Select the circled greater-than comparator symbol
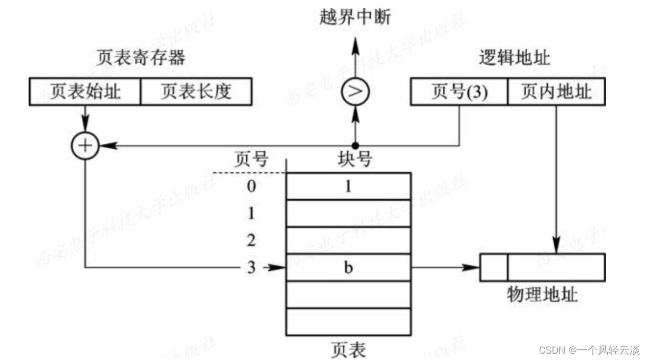(x=355, y=92)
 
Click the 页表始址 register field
(x=85, y=92)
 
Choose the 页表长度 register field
(x=196, y=92)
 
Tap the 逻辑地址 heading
(x=514, y=57)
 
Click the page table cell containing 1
(x=348, y=186)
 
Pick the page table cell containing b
(x=348, y=268)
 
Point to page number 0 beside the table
(x=252, y=186)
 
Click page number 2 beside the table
(x=252, y=241)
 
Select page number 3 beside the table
(x=252, y=268)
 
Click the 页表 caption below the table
(x=348, y=349)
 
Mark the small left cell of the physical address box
(x=494, y=268)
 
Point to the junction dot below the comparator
(x=355, y=145)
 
